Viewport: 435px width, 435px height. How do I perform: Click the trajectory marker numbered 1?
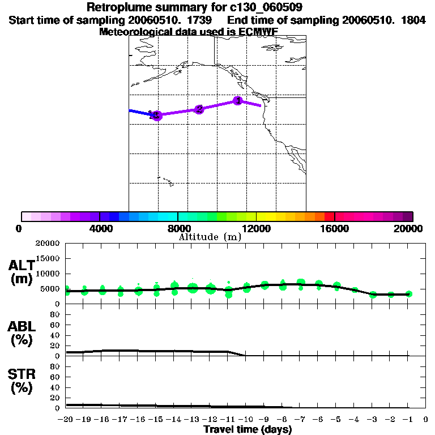(238, 101)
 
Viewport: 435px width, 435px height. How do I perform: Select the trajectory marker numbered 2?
(199, 109)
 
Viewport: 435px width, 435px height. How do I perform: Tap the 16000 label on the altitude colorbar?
(335, 228)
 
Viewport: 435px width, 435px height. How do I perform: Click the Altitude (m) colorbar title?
(210, 237)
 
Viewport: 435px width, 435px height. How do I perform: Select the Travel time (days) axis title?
(248, 430)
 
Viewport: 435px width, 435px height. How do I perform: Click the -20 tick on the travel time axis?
(66, 420)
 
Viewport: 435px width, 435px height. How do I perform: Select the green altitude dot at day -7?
(301, 283)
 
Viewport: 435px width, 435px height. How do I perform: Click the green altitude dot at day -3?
(373, 295)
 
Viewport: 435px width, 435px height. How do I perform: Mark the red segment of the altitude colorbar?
(329, 216)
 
